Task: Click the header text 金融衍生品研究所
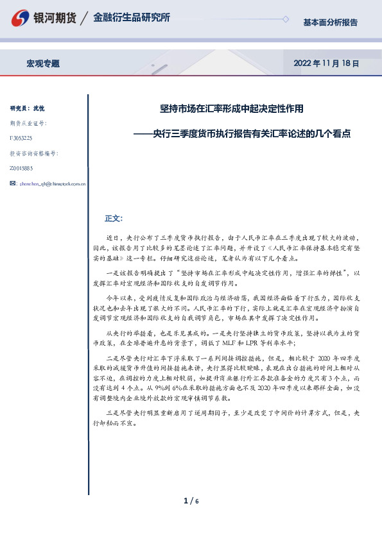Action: [x=131, y=18]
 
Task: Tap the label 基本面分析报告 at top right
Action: [x=330, y=22]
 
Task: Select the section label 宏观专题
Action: [x=43, y=63]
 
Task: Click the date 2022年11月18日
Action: [x=326, y=63]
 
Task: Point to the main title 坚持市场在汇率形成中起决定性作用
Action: [x=231, y=109]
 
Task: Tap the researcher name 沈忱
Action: [x=39, y=108]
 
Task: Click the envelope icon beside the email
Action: [x=13, y=183]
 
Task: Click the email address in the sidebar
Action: [x=53, y=183]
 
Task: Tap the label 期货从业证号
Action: [x=28, y=123]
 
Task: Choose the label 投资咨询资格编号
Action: [x=33, y=153]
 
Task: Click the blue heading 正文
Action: [x=113, y=218]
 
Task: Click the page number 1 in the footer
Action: [x=186, y=502]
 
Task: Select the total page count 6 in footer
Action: [x=197, y=502]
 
